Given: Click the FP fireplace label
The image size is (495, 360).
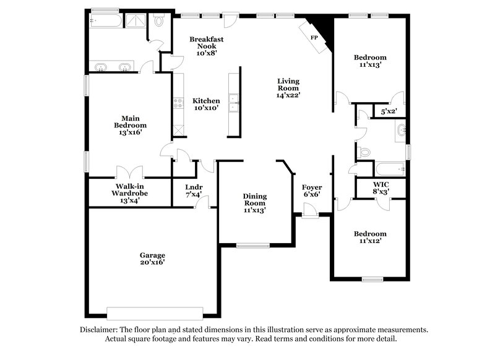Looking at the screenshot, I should pyautogui.click(x=314, y=38).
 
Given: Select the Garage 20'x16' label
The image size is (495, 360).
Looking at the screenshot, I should pyautogui.click(x=152, y=259).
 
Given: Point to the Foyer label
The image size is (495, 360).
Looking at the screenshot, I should pyautogui.click(x=311, y=187).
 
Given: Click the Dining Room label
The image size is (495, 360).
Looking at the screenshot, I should pyautogui.click(x=254, y=204).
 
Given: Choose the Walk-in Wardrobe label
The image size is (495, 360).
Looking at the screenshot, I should pyautogui.click(x=130, y=193).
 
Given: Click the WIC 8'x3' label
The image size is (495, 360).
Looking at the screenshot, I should pyautogui.click(x=381, y=188).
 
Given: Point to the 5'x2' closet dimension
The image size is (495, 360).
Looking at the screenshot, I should pyautogui.click(x=389, y=111).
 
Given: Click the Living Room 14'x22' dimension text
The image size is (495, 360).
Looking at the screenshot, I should pyautogui.click(x=288, y=95).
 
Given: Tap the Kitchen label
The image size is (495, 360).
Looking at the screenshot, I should pyautogui.click(x=206, y=105).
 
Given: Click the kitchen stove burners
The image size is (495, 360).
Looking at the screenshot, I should pyautogui.click(x=178, y=104).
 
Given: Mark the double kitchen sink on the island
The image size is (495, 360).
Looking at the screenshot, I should pyautogui.click(x=233, y=103).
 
